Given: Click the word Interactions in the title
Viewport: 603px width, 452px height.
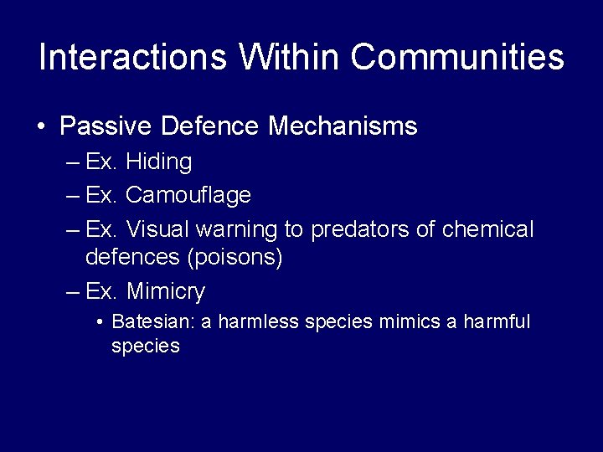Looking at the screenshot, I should point(133,57).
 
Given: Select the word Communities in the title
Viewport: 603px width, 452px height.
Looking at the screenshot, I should point(457,57).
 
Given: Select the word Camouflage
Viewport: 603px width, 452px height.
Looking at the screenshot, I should point(188,196).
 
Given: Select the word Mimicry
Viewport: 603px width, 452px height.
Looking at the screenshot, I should point(165,292).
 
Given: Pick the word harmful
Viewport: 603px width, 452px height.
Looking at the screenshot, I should point(496,322).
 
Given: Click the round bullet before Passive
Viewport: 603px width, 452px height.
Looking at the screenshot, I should point(41,127).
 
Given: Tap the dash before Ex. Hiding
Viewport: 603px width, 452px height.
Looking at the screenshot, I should point(72,162).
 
